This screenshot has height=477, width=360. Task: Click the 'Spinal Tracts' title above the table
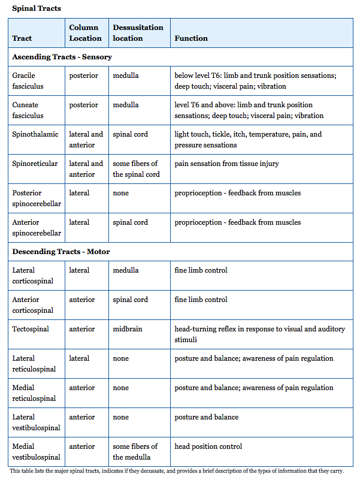[37, 8]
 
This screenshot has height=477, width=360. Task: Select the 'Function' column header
[191, 38]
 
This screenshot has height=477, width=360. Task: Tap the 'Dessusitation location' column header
[138, 33]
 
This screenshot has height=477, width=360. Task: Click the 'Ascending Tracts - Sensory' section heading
[62, 57]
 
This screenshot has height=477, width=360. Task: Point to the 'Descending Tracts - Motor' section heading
[60, 252]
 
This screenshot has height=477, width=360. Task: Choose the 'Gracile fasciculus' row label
[28, 81]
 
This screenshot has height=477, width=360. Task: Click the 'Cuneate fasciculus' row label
[28, 110]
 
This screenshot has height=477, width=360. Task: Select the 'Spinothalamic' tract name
[35, 134]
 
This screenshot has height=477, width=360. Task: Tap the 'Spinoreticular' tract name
[35, 164]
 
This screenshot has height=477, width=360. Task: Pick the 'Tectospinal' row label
[31, 329]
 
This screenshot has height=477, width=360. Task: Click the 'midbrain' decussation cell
[128, 329]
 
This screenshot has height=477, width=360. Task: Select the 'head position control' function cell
[208, 446]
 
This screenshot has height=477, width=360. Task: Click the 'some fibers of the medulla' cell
[135, 452]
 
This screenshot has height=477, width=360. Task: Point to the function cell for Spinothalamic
[248, 140]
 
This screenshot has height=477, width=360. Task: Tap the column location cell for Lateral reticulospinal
[79, 358]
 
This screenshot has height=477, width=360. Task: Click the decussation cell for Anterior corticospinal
[130, 300]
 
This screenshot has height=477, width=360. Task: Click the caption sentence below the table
[177, 471]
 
